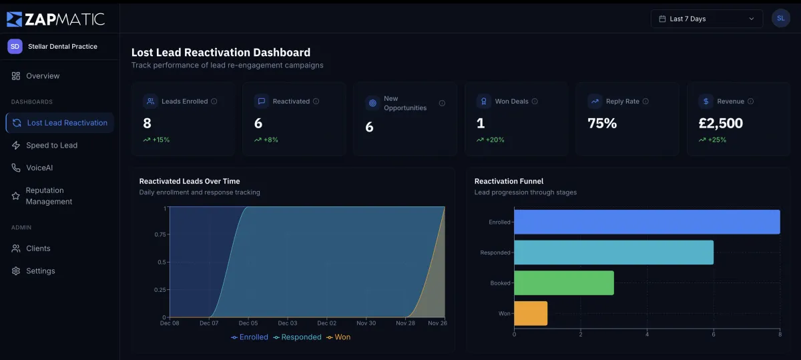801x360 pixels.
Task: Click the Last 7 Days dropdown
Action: click(706, 19)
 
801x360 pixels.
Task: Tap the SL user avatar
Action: click(780, 19)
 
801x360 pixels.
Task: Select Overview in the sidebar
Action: click(43, 76)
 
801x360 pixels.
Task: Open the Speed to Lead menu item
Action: click(51, 146)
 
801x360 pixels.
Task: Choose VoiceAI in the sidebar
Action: click(39, 168)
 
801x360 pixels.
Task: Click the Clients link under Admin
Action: click(38, 248)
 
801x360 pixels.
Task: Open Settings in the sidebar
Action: click(40, 271)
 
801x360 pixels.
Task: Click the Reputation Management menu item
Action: click(49, 196)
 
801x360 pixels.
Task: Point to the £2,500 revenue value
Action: click(720, 124)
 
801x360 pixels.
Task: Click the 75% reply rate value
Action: click(602, 124)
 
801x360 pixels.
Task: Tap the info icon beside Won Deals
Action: click(535, 102)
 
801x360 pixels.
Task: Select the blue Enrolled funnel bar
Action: click(646, 222)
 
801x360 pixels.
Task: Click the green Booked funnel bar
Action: click(563, 283)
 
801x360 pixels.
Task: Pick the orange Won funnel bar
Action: click(531, 313)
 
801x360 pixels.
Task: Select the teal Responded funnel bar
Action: click(613, 252)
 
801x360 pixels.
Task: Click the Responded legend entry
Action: click(298, 337)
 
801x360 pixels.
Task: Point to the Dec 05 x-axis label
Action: click(248, 323)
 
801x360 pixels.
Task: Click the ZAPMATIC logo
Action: click(56, 19)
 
